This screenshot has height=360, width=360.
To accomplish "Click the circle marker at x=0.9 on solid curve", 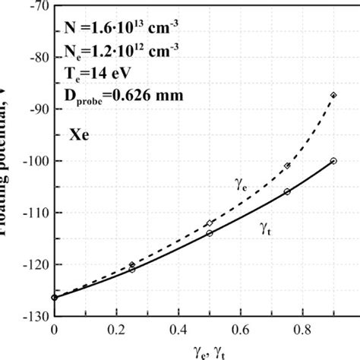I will [x=333, y=161].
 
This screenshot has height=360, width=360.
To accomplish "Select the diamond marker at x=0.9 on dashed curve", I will [x=333, y=95].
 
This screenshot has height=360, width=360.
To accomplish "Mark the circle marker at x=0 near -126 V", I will [x=54, y=297].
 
